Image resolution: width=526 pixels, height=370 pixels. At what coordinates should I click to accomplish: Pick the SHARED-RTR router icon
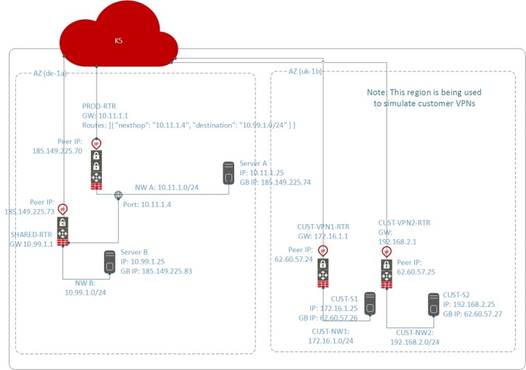[63, 232]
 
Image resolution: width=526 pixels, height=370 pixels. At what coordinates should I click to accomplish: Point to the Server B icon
[109, 262]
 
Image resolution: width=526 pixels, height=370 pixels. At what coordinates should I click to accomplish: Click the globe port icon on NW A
[118, 195]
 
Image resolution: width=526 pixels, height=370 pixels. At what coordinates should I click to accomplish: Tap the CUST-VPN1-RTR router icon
[323, 271]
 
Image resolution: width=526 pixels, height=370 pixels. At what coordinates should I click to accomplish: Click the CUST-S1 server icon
[371, 304]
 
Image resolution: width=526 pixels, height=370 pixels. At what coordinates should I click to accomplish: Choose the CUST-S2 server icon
[433, 304]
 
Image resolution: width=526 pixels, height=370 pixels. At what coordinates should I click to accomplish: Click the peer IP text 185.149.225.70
[57, 150]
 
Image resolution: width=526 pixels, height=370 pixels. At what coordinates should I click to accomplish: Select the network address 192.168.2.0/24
[415, 341]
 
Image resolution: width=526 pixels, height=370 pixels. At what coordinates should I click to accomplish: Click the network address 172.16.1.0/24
[331, 340]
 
